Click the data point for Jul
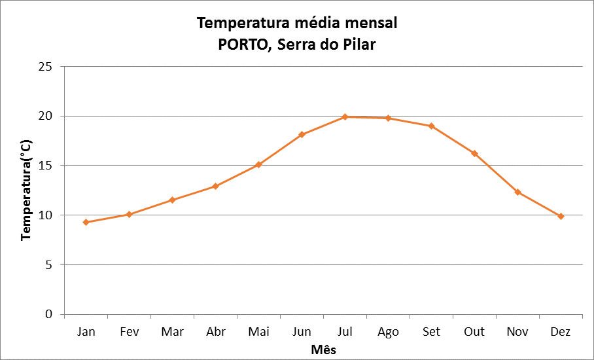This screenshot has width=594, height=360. pos(345,117)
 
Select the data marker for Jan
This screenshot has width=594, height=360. pos(86,223)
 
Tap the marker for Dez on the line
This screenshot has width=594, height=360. pos(561,216)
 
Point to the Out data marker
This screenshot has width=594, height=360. pos(474,154)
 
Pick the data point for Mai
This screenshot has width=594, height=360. pos(258,164)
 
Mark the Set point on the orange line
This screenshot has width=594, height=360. pos(431,126)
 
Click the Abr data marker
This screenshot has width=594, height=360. pos(215,187)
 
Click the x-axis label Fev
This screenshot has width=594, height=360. pos(129,332)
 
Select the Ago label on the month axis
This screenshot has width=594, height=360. pos(388,332)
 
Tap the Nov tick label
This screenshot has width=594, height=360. pos(517,332)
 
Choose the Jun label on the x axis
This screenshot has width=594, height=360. pos(302,332)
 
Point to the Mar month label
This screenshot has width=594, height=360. pos(172,332)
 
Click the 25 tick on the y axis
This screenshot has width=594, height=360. pos(46,67)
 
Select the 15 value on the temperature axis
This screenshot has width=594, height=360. pos(46,166)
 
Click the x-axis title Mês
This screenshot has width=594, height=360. pos(323,349)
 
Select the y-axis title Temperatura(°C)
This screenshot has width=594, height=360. pos(26,189)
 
